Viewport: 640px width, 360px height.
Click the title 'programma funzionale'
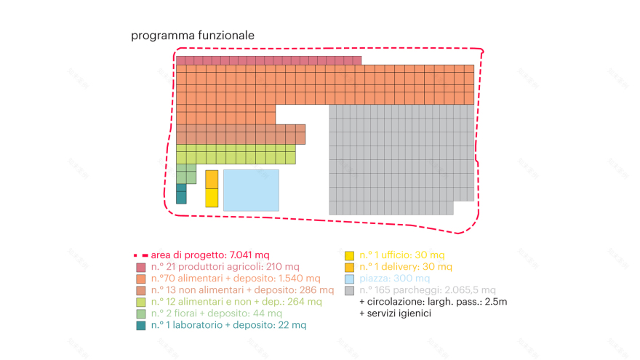(x=193, y=35)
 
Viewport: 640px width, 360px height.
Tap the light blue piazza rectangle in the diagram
(x=250, y=190)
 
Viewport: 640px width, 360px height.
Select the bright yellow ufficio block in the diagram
(x=212, y=198)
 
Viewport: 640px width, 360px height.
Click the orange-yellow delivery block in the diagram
(x=212, y=179)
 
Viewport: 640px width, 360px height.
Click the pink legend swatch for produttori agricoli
(x=141, y=267)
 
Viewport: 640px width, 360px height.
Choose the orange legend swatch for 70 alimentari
(x=141, y=279)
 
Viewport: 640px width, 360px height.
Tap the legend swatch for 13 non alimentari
(x=141, y=290)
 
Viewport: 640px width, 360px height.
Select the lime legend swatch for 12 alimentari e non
(x=141, y=302)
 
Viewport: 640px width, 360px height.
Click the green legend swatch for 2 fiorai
(x=141, y=313)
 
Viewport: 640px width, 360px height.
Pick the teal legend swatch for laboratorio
(x=141, y=325)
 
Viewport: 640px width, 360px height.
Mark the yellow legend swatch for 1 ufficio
(x=350, y=255)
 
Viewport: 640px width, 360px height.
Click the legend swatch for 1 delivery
(x=350, y=267)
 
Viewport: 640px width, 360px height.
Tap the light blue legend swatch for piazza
(x=350, y=279)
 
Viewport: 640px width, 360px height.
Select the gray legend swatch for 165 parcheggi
(x=350, y=290)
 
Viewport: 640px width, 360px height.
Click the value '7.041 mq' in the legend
(x=249, y=255)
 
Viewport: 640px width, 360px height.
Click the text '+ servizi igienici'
(x=395, y=313)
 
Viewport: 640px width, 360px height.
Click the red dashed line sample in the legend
(x=140, y=255)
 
